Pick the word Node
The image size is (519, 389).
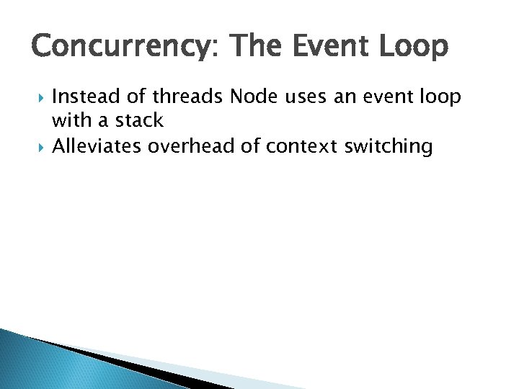pos(253,98)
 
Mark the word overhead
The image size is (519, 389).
pos(192,147)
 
